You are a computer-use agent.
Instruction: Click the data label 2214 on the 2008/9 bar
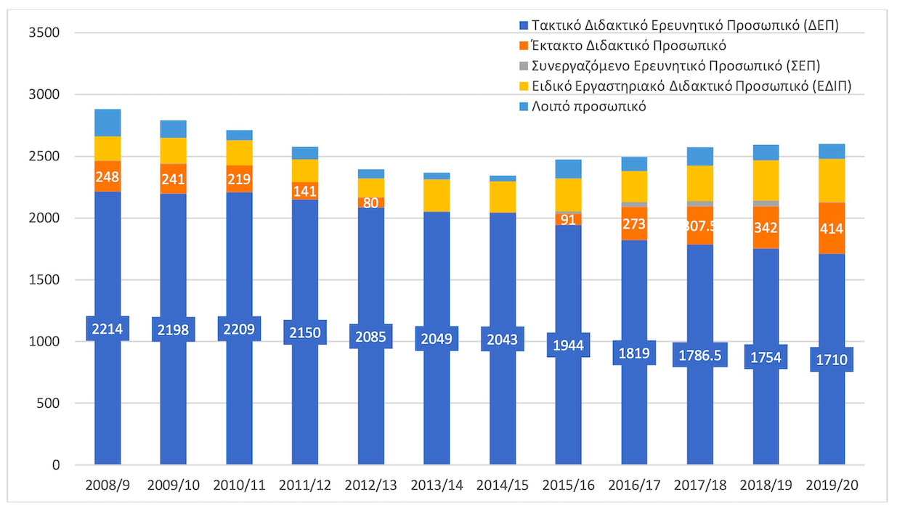coord(107,329)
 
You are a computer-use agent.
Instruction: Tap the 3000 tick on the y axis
coord(45,95)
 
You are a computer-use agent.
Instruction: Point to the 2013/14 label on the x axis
coord(437,485)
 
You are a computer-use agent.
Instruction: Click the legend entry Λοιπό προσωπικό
coord(589,107)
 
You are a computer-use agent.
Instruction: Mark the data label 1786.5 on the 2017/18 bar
coord(699,355)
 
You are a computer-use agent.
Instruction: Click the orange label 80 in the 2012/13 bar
coord(371,203)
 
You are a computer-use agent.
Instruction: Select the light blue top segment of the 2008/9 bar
coord(108,123)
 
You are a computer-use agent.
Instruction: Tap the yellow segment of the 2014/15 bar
coord(503,197)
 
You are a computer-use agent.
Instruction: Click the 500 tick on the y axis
coord(50,403)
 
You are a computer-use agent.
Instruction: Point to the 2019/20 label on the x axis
coord(833,485)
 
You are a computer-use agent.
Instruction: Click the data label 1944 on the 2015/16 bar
coord(569,345)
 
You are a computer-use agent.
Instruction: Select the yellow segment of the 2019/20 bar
coord(832,180)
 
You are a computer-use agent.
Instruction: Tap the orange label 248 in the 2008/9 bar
coord(107,176)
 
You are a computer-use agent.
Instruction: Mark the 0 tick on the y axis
coord(55,465)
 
